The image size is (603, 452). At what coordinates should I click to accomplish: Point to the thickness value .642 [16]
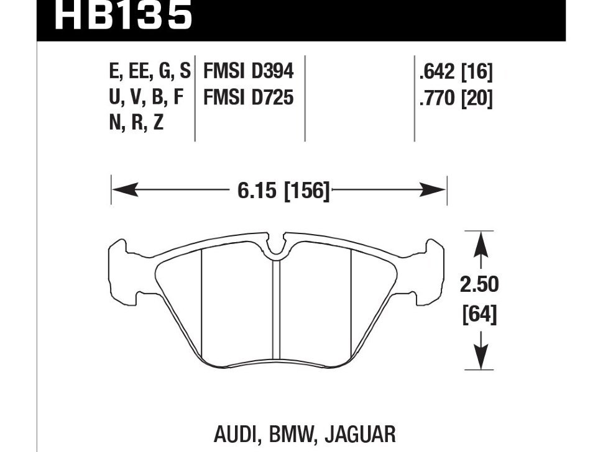pos(456,72)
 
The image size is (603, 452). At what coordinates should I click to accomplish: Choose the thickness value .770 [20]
pos(456,97)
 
